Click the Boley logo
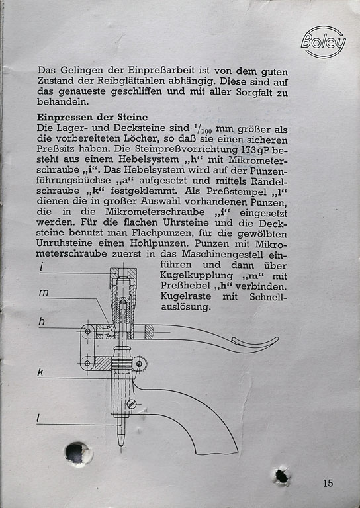click(x=323, y=42)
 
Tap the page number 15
click(x=328, y=483)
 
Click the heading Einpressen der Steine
click(x=93, y=117)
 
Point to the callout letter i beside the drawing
click(x=42, y=267)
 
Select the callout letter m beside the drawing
click(x=44, y=293)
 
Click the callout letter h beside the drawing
click(x=42, y=321)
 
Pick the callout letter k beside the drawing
click(x=40, y=372)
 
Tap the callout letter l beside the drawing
click(x=38, y=419)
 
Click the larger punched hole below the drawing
click(x=77, y=452)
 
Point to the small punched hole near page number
click(x=281, y=476)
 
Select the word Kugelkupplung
click(x=197, y=276)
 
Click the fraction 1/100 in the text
click(x=202, y=129)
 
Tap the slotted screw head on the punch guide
click(x=132, y=404)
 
